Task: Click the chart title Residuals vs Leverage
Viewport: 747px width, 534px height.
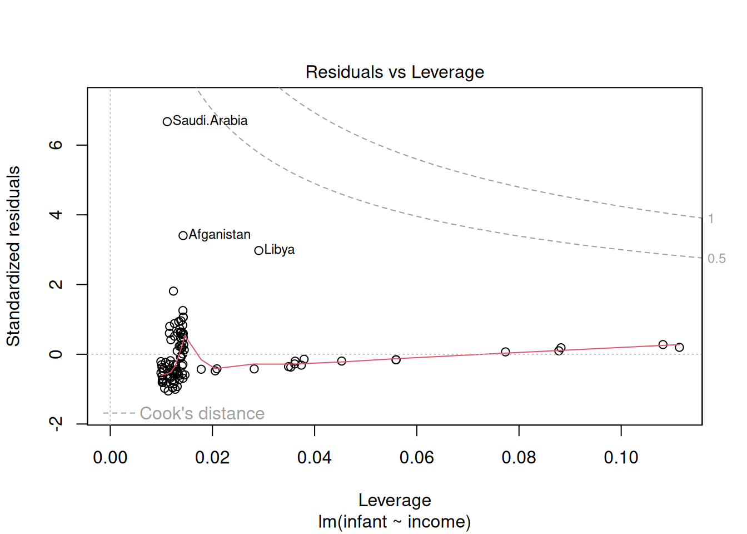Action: [395, 72]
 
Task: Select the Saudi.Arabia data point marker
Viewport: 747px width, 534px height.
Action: [167, 121]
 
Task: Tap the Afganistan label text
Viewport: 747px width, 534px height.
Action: [220, 235]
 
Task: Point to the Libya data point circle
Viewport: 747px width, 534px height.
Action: [258, 251]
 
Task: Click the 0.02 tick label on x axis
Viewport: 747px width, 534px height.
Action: [212, 458]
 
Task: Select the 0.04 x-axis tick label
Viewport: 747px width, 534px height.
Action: [315, 458]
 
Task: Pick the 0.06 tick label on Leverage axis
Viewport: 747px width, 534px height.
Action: [417, 458]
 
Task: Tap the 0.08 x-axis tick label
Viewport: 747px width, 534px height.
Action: [519, 458]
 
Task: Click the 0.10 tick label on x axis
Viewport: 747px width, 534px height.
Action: [621, 458]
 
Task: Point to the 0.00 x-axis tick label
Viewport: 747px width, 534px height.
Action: [110, 458]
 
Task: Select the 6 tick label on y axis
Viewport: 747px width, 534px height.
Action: [56, 145]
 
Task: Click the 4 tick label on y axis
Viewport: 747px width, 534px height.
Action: [56, 215]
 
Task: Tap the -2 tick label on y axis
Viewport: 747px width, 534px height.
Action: [56, 424]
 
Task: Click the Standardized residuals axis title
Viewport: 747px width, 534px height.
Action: [13, 256]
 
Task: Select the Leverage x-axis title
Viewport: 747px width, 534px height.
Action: [395, 500]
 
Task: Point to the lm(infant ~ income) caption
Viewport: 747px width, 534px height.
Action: [395, 522]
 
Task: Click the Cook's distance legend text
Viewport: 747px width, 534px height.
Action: [202, 413]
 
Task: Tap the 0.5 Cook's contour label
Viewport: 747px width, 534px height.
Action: [716, 259]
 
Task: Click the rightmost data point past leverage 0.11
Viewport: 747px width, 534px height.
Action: [679, 347]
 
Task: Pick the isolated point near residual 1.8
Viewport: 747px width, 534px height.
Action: [173, 291]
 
